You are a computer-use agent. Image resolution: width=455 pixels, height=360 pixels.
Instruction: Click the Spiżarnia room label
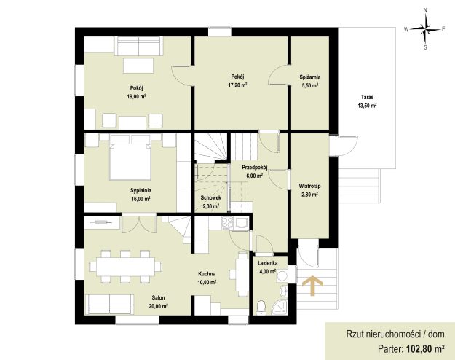[x=310, y=77]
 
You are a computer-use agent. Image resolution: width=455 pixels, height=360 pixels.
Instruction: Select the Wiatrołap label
[x=309, y=186]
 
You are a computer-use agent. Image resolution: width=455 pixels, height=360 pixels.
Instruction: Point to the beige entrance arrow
[x=312, y=286]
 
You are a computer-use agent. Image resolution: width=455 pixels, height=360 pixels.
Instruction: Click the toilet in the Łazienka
[x=261, y=308]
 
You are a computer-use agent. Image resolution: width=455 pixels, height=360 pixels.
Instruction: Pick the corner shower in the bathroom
[x=280, y=308]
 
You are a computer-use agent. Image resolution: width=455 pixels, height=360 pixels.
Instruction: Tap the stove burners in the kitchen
[x=227, y=224]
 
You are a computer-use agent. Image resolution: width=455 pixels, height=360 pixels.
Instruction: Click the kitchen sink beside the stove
[x=242, y=224]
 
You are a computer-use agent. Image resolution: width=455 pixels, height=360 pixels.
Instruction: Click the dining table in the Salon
[x=125, y=267]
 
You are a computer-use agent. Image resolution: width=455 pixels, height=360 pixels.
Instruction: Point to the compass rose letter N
[x=425, y=10]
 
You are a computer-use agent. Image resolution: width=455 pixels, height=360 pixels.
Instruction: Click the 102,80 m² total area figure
[x=425, y=348]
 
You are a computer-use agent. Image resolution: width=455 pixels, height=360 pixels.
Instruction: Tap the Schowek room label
[x=210, y=197]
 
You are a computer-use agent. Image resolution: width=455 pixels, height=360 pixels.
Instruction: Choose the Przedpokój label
[x=255, y=167]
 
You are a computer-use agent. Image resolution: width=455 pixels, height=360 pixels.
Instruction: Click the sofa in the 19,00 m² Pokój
[x=138, y=46]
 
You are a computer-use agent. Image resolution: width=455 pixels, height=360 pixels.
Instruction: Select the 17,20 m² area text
[x=237, y=85]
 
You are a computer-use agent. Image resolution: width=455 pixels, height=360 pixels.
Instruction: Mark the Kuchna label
[x=207, y=274]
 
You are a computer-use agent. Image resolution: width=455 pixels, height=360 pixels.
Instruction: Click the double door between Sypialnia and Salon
[x=139, y=223]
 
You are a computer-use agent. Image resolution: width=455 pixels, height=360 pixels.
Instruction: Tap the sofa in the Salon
[x=110, y=304]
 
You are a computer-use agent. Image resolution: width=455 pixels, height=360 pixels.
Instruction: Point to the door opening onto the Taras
[x=344, y=146]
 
